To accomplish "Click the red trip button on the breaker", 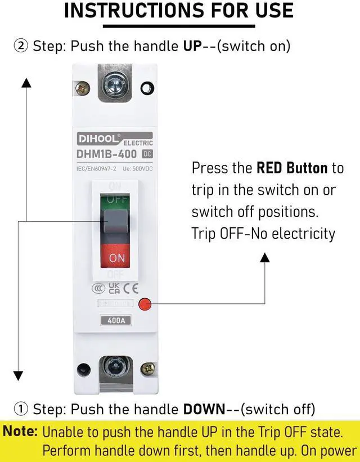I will click(145, 304).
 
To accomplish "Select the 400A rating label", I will click(115, 321).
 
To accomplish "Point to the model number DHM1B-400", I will click(107, 153).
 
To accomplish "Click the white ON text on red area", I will click(116, 258).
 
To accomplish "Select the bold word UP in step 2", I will click(192, 46).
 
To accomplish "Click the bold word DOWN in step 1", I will click(205, 409).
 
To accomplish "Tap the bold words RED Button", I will click(292, 168).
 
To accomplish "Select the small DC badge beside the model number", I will click(147, 153).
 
